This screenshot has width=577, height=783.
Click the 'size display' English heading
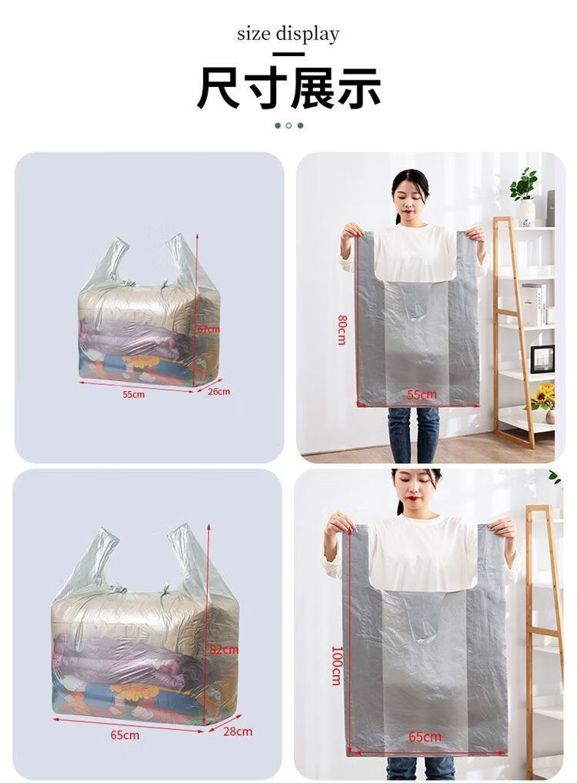pyautogui.click(x=288, y=35)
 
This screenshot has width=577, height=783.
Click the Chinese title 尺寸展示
pyautogui.click(x=289, y=89)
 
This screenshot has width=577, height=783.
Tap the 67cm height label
pyautogui.click(x=208, y=329)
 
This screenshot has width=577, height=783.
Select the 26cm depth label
pyautogui.click(x=219, y=391)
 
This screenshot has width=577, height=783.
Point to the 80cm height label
pyautogui.click(x=342, y=330)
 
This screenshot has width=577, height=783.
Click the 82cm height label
pyautogui.click(x=224, y=650)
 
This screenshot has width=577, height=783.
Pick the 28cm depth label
pyautogui.click(x=238, y=731)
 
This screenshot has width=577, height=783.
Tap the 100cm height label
pyautogui.click(x=337, y=666)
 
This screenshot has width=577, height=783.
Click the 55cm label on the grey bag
pyautogui.click(x=422, y=394)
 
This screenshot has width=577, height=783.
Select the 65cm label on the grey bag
pyautogui.click(x=425, y=737)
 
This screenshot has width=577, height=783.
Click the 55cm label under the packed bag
pyautogui.click(x=134, y=394)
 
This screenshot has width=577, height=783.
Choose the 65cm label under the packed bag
pyautogui.click(x=125, y=735)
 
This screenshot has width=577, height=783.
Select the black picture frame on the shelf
pyautogui.click(x=542, y=358)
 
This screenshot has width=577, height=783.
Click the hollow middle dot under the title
pyautogui.click(x=288, y=125)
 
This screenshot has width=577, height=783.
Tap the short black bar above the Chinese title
pyautogui.click(x=288, y=54)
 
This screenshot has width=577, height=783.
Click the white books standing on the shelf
pyautogui.click(x=537, y=303)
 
